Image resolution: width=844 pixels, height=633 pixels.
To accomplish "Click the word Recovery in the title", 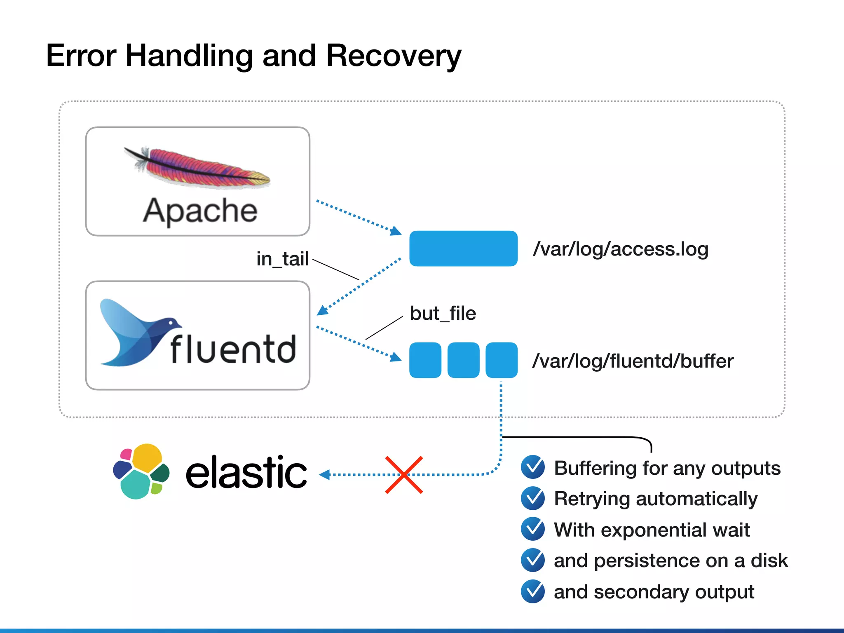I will coord(393,56).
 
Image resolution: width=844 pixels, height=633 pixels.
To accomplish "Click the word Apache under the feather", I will coord(200,211).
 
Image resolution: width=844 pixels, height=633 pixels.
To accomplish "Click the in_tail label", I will coord(282,259).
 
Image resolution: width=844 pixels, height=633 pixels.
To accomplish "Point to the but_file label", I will coord(443,313).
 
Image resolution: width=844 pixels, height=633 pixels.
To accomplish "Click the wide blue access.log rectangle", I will coord(463,249).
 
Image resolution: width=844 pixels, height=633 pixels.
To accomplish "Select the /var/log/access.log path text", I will coord(620,249).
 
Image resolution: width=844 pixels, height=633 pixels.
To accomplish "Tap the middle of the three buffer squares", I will coord(463,360).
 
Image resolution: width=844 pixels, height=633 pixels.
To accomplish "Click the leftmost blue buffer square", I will coord(425,360).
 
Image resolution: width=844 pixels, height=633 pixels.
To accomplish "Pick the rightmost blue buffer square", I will coord(501,360).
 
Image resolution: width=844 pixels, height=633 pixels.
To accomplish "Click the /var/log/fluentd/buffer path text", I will coord(633,361).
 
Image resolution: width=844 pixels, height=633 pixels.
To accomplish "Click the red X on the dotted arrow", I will coord(404,475).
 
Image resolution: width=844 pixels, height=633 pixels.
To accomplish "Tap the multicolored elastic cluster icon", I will coord(141,471).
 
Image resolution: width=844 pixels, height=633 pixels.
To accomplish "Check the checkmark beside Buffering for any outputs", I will coord(533,467).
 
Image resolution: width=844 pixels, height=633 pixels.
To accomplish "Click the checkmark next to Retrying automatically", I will coord(533,498).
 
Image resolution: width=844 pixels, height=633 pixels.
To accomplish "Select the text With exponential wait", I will coord(652,530).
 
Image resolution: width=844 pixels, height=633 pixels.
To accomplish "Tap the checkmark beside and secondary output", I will coord(533,591).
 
